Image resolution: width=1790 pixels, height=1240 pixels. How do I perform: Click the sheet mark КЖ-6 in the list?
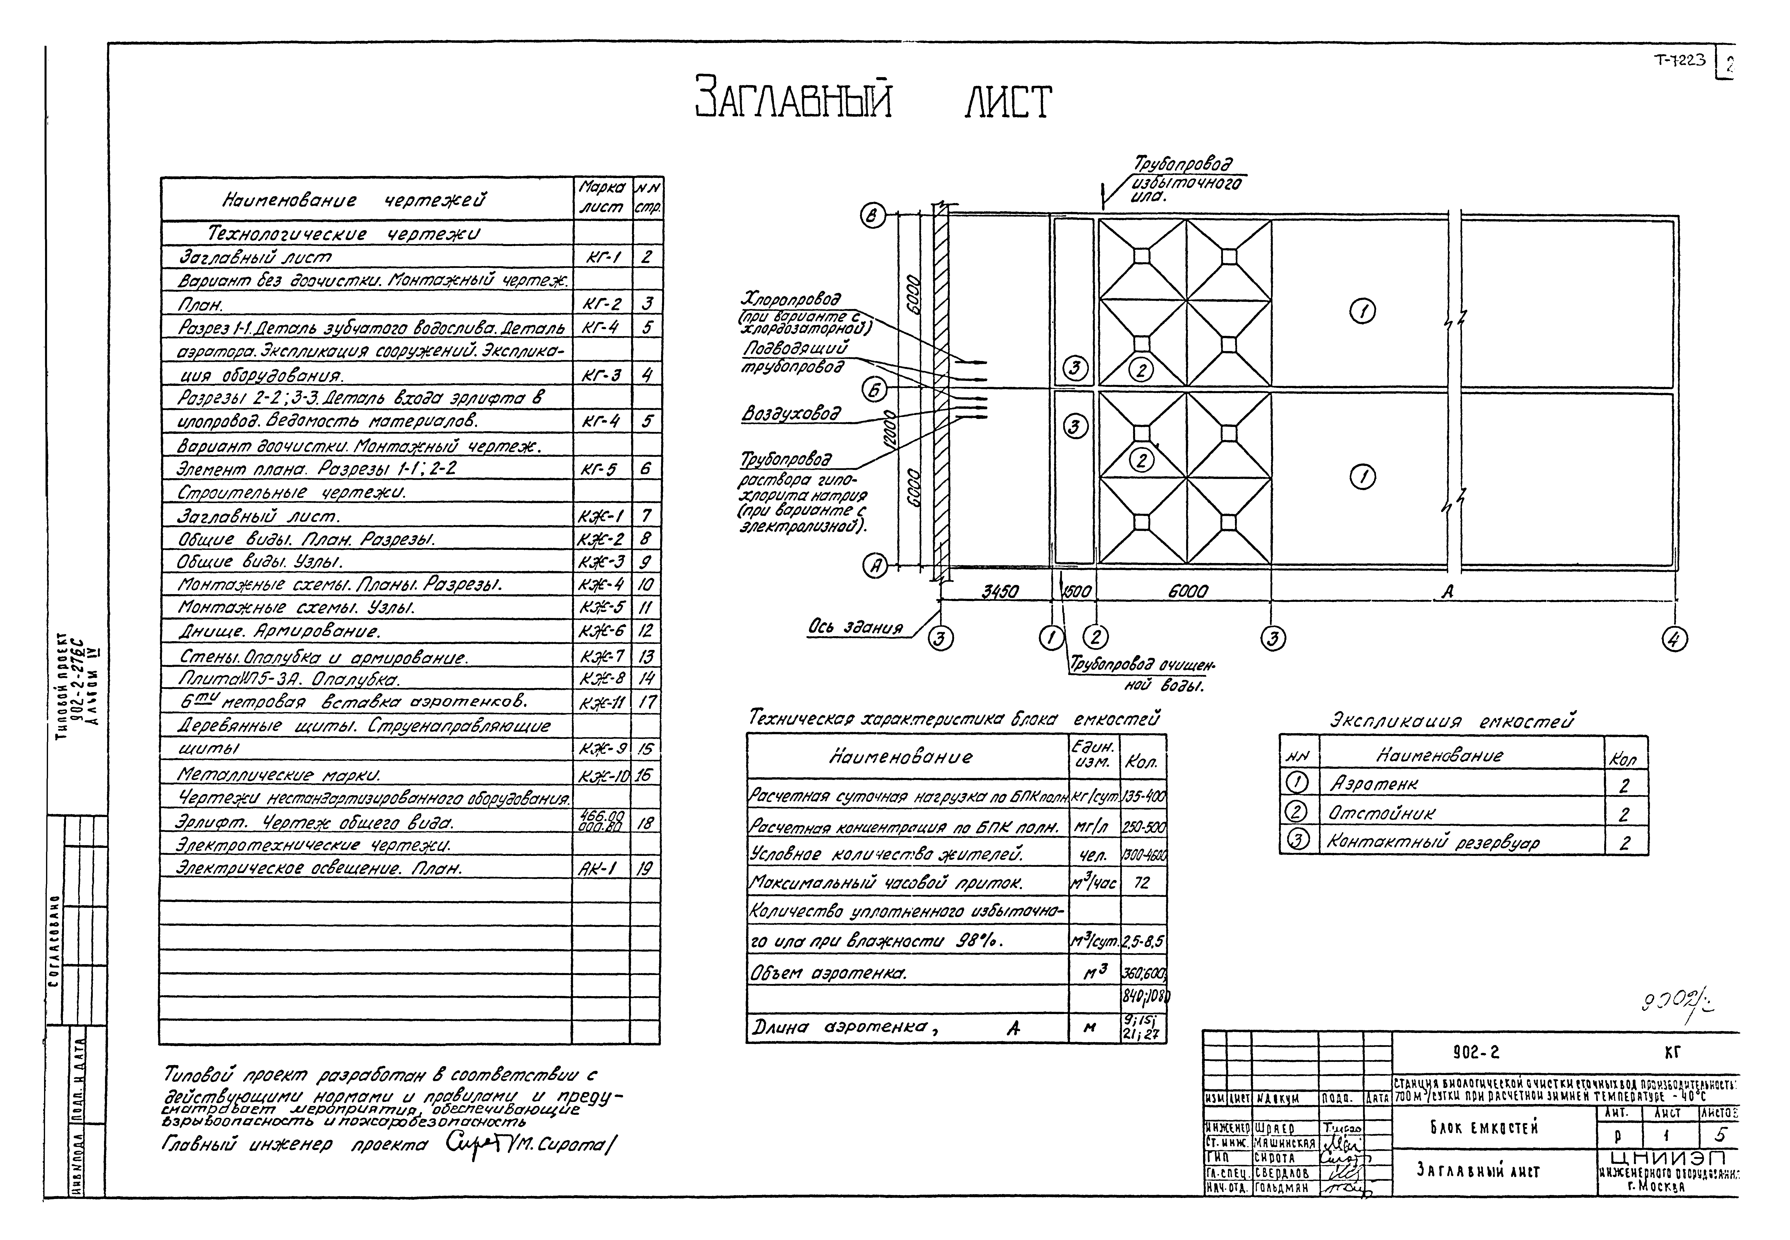coord(602,632)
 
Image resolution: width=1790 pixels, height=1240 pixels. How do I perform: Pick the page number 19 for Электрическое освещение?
coord(644,869)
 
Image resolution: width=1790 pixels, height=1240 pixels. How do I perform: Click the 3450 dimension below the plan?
coord(1000,592)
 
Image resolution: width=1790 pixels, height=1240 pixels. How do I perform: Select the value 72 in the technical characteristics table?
coord(1141,883)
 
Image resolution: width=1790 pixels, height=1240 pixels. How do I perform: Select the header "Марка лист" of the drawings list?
coord(602,198)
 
